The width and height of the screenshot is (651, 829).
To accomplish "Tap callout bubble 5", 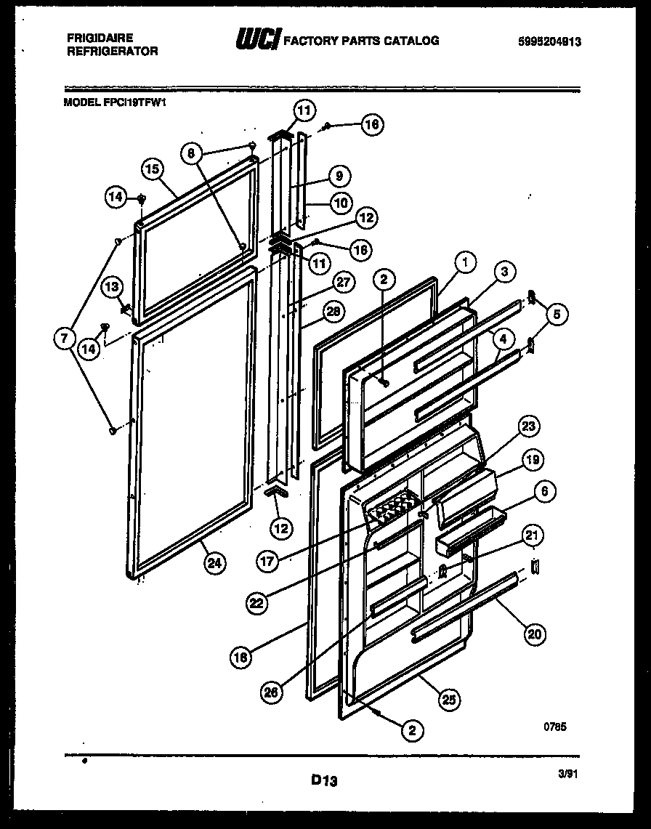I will click(x=557, y=315).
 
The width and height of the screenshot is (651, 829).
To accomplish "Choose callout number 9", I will click(x=339, y=175).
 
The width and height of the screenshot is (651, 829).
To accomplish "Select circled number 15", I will click(x=151, y=169).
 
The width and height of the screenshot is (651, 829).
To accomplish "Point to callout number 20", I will click(x=534, y=634).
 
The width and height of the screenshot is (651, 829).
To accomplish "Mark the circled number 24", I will click(x=214, y=562).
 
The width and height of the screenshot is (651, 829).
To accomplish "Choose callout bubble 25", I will click(x=448, y=700).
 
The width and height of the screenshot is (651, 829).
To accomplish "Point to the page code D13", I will click(x=325, y=781).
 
